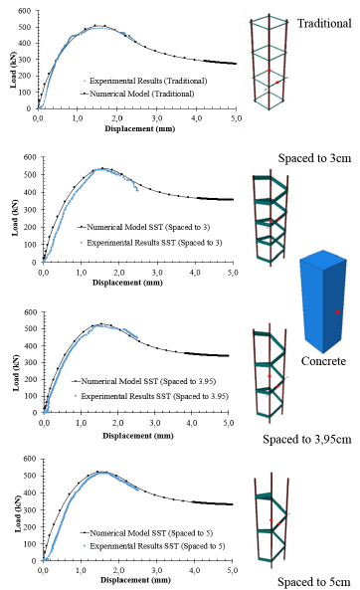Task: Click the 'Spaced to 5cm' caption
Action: [313, 580]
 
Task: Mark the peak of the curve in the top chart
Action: [97, 26]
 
